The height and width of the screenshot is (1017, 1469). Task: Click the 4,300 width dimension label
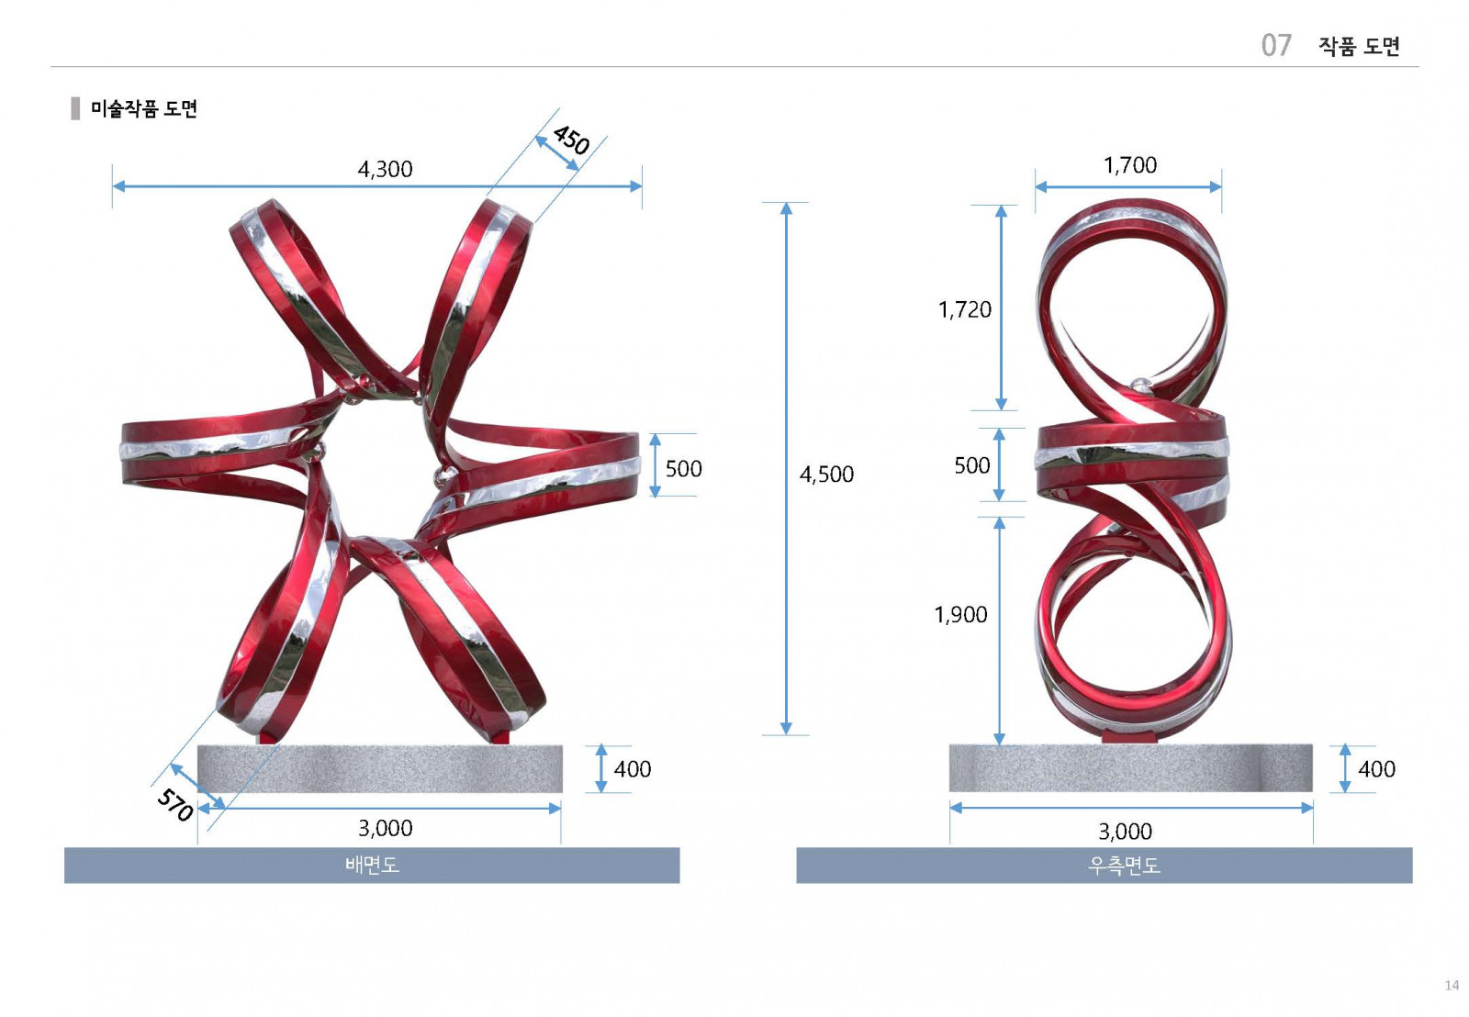click(x=385, y=169)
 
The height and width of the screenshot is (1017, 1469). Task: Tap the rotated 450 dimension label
click(x=571, y=140)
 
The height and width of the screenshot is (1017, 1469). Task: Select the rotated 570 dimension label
click(x=175, y=805)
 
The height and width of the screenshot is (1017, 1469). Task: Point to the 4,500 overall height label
click(x=826, y=474)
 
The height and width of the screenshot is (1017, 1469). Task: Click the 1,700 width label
click(x=1130, y=165)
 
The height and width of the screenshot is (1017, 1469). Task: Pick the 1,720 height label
click(x=965, y=309)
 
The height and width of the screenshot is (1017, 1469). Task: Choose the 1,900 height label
click(x=960, y=615)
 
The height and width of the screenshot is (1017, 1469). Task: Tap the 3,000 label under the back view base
click(x=385, y=828)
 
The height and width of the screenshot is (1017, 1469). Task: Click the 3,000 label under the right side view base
click(x=1126, y=832)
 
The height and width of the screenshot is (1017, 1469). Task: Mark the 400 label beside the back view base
click(x=633, y=769)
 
